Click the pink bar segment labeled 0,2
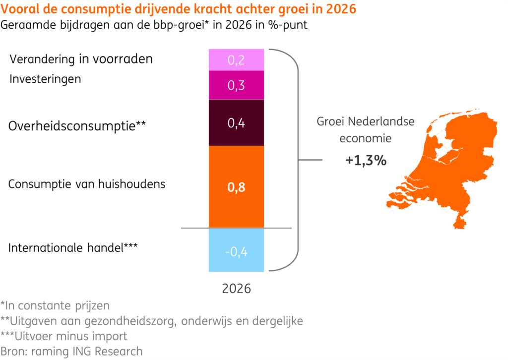click(x=236, y=60)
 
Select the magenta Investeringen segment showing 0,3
click(x=236, y=85)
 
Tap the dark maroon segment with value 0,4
click(x=236, y=122)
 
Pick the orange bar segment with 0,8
click(x=236, y=187)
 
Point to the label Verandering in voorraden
click(x=81, y=59)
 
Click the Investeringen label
click(x=45, y=79)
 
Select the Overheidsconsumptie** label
click(x=77, y=125)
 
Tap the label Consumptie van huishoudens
click(x=87, y=184)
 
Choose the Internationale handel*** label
click(x=72, y=247)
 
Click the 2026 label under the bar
click(x=236, y=289)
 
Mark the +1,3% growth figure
click(x=366, y=161)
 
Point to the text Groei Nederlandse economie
click(x=366, y=130)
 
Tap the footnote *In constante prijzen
click(x=55, y=305)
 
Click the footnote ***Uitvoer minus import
click(x=64, y=336)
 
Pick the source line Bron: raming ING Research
click(x=71, y=352)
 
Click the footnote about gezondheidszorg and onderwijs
click(x=151, y=321)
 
